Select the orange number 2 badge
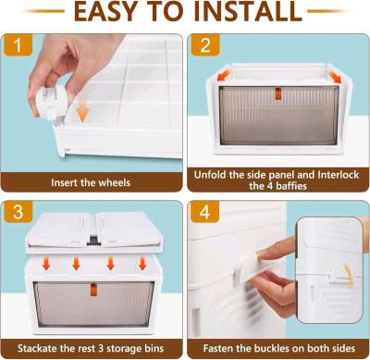(206, 46)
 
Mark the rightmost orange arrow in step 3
(137, 265)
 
